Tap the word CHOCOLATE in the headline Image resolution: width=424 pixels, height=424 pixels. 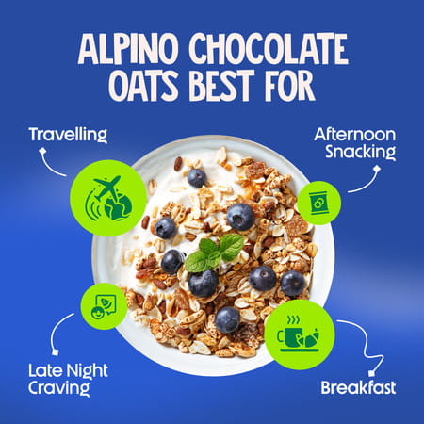coord(268,49)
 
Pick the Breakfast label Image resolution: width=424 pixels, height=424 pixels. coord(357,387)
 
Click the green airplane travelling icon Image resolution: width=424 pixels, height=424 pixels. coord(108,198)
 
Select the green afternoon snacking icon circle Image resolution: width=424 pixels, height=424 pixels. coord(318,203)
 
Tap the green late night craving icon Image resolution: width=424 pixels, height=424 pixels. coord(104,305)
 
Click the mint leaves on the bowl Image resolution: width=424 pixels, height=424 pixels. coord(216,253)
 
